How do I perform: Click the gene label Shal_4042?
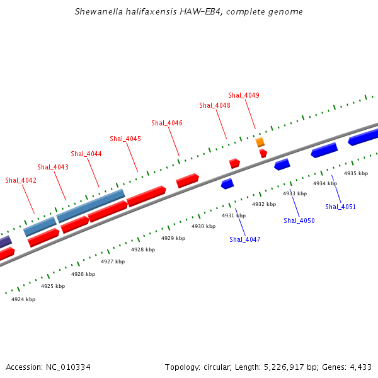pyautogui.click(x=21, y=180)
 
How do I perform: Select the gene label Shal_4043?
pyautogui.click(x=53, y=167)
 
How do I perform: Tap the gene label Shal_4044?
pyautogui.click(x=86, y=154)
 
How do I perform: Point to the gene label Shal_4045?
pyautogui.click(x=125, y=139)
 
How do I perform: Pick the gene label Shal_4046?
pyautogui.click(x=167, y=123)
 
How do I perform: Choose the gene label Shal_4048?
pyautogui.click(x=215, y=105)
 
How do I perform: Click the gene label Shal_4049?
pyautogui.click(x=244, y=95)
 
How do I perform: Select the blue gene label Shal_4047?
pyautogui.click(x=245, y=239)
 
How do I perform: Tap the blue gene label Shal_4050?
pyautogui.click(x=299, y=220)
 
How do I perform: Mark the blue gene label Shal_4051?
pyautogui.click(x=341, y=207)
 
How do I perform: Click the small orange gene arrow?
pyautogui.click(x=260, y=142)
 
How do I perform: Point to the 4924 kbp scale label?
pyautogui.click(x=23, y=299)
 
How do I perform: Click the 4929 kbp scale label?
pyautogui.click(x=173, y=238)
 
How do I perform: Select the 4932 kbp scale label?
pyautogui.click(x=264, y=204)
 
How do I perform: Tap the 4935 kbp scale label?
pyautogui.click(x=356, y=173)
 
